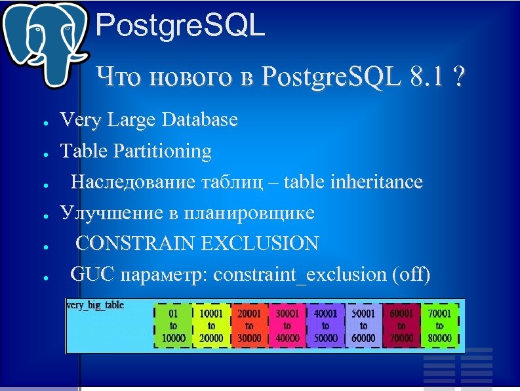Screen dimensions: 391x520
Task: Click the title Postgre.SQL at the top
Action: coord(180,27)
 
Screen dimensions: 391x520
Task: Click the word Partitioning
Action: coord(163,151)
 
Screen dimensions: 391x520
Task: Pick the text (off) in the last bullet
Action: coord(410,275)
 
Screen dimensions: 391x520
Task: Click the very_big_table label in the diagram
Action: coord(96,306)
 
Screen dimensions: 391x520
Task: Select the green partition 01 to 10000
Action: coord(173,325)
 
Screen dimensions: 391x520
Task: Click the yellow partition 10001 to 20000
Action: coord(211,325)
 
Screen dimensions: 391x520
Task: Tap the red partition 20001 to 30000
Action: coord(249,325)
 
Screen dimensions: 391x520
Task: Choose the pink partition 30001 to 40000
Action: coord(287,325)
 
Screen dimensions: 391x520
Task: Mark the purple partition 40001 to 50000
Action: coord(325,325)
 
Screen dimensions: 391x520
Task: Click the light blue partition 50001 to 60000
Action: coord(363,325)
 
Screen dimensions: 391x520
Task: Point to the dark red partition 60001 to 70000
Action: coord(401,325)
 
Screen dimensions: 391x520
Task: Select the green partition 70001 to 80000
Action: coord(439,325)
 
